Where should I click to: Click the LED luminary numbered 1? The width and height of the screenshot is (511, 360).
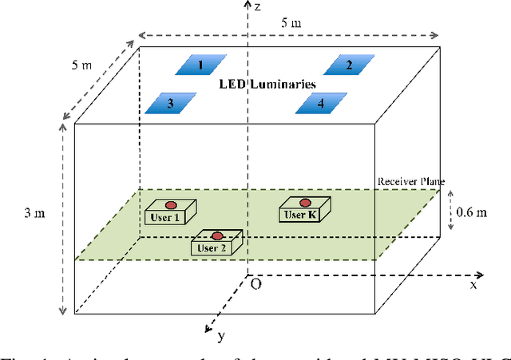coord(200,65)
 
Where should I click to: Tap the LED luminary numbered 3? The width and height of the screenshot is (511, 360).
coord(169,103)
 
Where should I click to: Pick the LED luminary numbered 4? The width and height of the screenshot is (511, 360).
coord(321,103)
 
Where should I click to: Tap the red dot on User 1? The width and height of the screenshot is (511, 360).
coord(169,203)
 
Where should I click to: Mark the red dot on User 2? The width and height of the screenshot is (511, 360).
coord(216,235)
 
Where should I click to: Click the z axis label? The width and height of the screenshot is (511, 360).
coord(259,6)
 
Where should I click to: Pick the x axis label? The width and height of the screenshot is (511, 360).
coord(473,284)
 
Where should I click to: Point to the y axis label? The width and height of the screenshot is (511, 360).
coord(220,335)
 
